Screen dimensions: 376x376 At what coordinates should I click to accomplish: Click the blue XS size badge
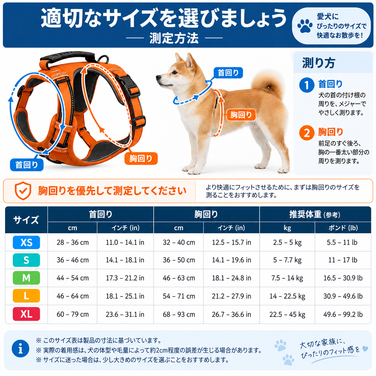tap(26, 242)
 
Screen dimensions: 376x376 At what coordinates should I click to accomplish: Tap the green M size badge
tap(26, 278)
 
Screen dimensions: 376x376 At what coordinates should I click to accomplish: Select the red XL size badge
tap(26, 314)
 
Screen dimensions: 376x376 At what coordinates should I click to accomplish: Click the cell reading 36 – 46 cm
tap(73, 260)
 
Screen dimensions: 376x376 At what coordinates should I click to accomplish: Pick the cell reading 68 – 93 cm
tap(179, 314)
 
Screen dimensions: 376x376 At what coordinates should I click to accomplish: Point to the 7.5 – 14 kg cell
tap(287, 278)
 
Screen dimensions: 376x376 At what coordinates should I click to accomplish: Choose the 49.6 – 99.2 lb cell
tap(343, 314)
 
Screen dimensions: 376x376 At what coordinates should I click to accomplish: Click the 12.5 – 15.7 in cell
tap(231, 242)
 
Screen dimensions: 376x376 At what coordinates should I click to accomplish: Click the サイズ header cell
tap(26, 220)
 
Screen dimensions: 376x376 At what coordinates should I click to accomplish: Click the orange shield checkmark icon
tap(23, 191)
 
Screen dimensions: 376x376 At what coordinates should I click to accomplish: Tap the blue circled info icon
tap(20, 348)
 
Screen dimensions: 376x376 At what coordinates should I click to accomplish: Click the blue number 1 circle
tap(307, 85)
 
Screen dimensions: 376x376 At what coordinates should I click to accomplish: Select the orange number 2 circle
tap(307, 133)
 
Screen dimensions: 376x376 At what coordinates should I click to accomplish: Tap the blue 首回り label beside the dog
tap(228, 73)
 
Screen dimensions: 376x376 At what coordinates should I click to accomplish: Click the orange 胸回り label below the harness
tap(141, 158)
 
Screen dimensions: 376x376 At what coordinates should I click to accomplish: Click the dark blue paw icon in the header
tap(305, 25)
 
